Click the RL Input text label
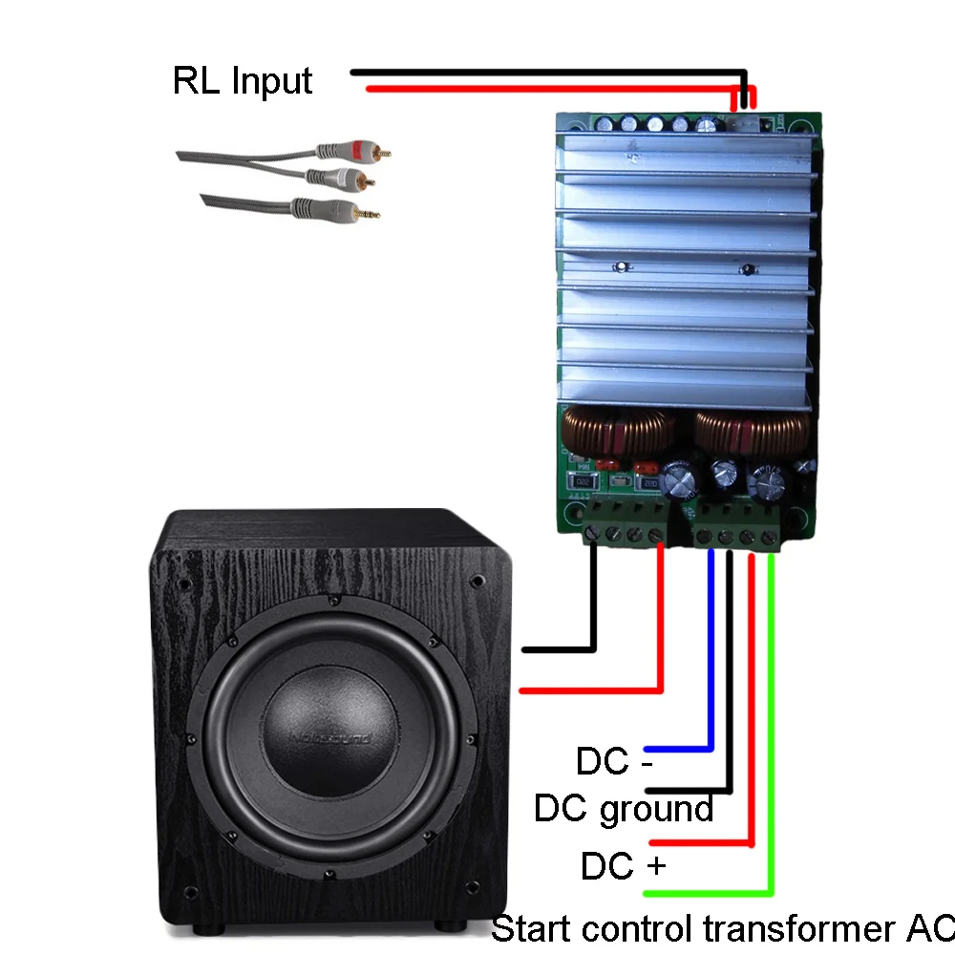[x=242, y=80]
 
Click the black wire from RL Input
[x=544, y=72]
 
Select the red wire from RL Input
[x=554, y=89]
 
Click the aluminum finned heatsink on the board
[x=685, y=267]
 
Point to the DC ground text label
[x=623, y=809]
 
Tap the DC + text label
[x=623, y=866]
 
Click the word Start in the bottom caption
[x=531, y=927]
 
